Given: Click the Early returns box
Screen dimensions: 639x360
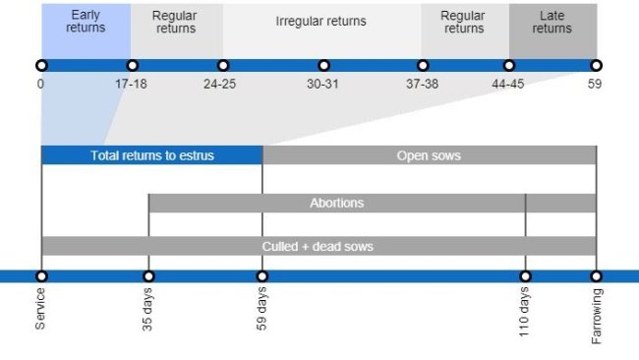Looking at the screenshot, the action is [86, 23].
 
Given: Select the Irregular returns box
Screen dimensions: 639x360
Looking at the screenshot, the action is [320, 23].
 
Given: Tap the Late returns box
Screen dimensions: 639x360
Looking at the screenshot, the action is [552, 23].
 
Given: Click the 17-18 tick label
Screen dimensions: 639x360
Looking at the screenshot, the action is [131, 84].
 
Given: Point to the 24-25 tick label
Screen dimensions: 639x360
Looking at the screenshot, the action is [219, 84].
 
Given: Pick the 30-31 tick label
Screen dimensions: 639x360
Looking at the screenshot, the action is [322, 84].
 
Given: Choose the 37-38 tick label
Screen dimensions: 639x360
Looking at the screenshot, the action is [422, 84].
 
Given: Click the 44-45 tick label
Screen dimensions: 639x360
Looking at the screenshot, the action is [508, 84].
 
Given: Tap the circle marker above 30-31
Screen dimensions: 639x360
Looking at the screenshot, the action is [323, 65].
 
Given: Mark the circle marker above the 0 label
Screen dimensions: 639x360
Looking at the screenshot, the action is [41, 65].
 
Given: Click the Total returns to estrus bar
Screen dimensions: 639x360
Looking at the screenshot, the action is [151, 155].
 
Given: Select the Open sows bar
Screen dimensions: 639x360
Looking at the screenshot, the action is [429, 155].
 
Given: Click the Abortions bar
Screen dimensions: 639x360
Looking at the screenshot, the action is [336, 204].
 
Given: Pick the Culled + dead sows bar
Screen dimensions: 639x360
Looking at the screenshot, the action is [318, 246].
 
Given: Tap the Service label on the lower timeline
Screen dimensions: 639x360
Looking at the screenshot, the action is [41, 309].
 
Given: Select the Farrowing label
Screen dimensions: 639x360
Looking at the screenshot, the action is [597, 315].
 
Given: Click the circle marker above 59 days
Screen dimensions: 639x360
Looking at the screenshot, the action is [262, 276].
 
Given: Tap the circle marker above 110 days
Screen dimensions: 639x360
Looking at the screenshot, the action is [526, 276].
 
